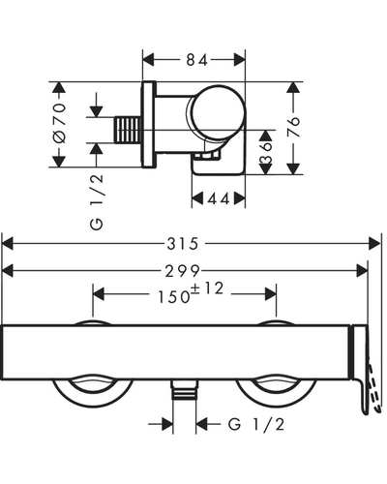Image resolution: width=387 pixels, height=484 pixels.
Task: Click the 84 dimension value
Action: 196,60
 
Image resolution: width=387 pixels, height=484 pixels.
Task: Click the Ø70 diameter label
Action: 60,123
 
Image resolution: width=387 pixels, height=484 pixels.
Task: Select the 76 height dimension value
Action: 293,127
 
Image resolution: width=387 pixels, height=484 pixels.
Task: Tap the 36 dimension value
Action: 266,152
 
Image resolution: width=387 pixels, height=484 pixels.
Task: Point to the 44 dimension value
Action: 219,198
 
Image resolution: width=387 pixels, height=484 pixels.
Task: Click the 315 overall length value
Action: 182,244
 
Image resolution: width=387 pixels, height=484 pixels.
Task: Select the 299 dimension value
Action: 183,271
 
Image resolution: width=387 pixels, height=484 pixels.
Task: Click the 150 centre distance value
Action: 173,297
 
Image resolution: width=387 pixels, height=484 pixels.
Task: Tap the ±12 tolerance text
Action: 207,288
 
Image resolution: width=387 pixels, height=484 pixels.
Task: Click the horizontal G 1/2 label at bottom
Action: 256,424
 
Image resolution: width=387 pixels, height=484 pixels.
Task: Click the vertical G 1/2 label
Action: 97,202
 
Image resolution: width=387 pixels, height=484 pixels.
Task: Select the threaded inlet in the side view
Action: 128,130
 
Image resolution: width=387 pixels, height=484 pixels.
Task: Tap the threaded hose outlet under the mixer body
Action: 185,389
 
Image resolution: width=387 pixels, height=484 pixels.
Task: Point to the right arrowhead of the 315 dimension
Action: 374,243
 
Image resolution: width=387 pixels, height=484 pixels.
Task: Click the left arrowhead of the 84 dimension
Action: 148,60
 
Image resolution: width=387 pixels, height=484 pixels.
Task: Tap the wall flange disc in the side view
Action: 149,125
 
